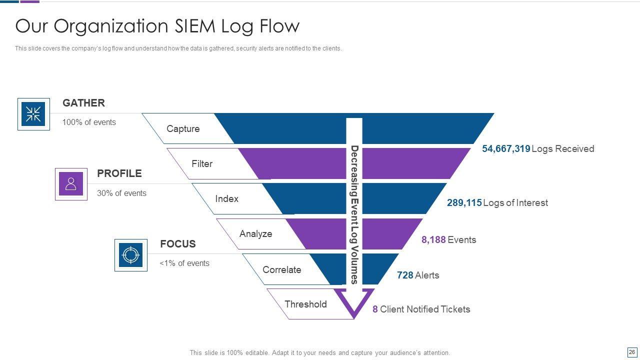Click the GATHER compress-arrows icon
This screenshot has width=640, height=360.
[x=33, y=114]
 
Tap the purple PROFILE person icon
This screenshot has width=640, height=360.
[x=71, y=183]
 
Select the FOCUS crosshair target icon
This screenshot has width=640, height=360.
[x=131, y=255]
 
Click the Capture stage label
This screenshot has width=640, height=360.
[x=183, y=129]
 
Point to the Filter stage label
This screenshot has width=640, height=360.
[x=202, y=163]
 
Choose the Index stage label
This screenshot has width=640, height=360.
[x=226, y=198]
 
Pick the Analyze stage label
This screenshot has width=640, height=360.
[x=255, y=233]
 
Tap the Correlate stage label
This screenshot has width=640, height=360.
[x=281, y=269]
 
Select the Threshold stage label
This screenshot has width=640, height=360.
[x=305, y=304]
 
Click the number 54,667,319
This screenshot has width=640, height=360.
[x=506, y=148]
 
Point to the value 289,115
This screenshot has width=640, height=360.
[x=464, y=202]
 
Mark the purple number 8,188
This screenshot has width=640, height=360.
[x=433, y=239]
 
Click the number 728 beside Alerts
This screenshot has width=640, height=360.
[x=405, y=275]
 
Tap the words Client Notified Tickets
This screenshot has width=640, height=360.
[x=425, y=309]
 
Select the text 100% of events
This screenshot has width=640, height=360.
[x=89, y=122]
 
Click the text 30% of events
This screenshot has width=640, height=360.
[x=121, y=193]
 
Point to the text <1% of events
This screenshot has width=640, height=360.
[x=184, y=263]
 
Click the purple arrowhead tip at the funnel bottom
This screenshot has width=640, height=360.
[x=354, y=318]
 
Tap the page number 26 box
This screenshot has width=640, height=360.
[x=632, y=352]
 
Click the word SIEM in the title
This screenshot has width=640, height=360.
[x=195, y=26]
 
